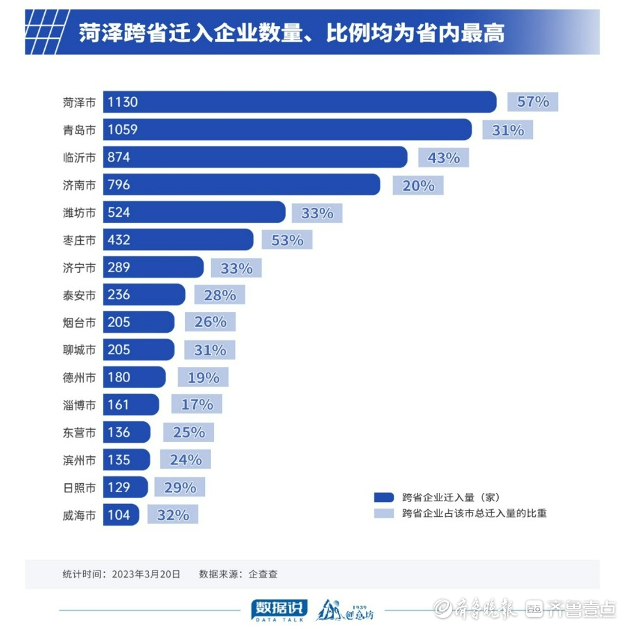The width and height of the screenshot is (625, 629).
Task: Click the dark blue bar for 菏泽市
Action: (x=299, y=102)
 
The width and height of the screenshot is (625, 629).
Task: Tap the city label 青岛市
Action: (x=79, y=130)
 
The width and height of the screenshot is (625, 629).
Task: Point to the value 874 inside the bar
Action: (x=119, y=158)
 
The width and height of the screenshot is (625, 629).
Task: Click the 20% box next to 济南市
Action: (x=418, y=186)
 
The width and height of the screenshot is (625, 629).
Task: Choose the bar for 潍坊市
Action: (x=194, y=213)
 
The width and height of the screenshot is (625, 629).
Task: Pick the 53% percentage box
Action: (x=287, y=240)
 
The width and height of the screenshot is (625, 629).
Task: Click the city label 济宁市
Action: (x=79, y=268)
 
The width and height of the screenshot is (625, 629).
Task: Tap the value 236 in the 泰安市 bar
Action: (x=119, y=295)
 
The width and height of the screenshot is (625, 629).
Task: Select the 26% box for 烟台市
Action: (x=210, y=322)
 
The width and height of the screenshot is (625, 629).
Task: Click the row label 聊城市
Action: (x=79, y=350)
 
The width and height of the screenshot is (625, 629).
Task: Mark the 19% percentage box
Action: (x=203, y=378)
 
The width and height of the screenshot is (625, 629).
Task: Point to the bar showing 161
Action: (x=130, y=405)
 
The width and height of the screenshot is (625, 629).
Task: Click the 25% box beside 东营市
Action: (x=189, y=432)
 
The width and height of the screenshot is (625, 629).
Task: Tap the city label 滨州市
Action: (x=79, y=460)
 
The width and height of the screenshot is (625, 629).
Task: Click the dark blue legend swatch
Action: (x=384, y=497)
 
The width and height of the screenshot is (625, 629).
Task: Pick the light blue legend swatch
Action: (x=384, y=513)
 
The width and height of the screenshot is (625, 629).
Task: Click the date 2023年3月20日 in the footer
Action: (x=146, y=574)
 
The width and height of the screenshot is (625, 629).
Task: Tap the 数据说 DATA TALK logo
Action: (x=279, y=609)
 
